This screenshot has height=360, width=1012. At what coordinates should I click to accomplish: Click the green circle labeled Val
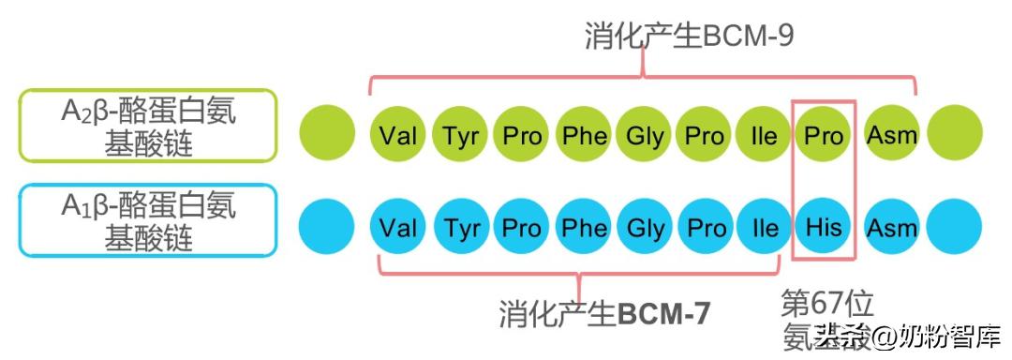(x=399, y=135)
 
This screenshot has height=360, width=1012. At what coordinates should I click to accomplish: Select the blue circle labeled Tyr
(x=460, y=228)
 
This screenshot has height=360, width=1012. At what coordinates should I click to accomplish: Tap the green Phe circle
(x=583, y=135)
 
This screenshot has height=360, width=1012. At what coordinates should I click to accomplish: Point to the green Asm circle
(x=891, y=135)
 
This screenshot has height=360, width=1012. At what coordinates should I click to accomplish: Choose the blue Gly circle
(x=645, y=228)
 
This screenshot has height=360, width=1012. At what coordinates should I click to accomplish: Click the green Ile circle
(x=764, y=135)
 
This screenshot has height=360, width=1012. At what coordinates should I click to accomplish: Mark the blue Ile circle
(x=764, y=228)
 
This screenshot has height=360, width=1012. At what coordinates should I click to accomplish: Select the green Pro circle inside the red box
(x=825, y=135)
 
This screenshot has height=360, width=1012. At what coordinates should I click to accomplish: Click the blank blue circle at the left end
(x=327, y=228)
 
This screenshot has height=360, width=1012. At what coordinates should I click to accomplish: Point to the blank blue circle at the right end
(x=954, y=228)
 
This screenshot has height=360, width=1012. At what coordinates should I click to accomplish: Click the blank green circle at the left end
(x=327, y=131)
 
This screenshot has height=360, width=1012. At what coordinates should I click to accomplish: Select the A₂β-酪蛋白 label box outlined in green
(x=148, y=126)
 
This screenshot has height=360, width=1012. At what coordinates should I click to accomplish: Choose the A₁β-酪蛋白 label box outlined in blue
(x=148, y=220)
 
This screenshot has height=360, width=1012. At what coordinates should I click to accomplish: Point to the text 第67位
(x=827, y=304)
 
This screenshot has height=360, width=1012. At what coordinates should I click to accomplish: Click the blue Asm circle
(x=891, y=228)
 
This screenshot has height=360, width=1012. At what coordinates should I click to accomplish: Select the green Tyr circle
(x=460, y=135)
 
